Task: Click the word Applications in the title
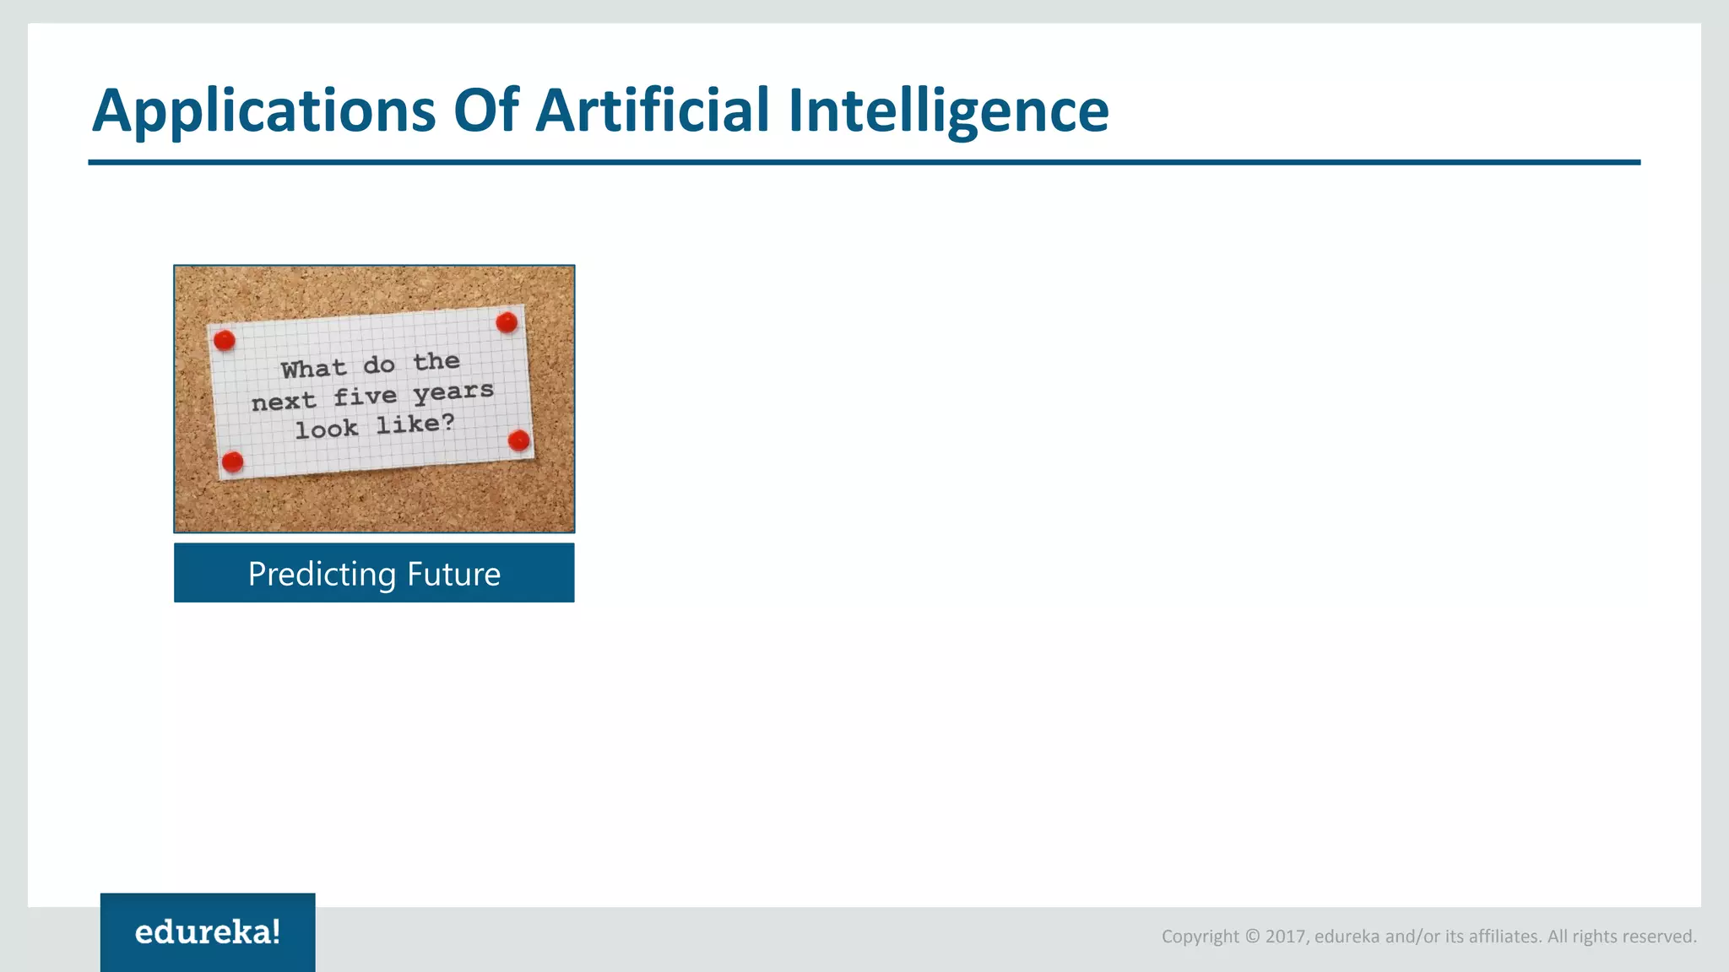[264, 111]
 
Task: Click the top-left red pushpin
[225, 340]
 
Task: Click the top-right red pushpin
[507, 321]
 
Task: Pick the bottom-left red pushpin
[232, 462]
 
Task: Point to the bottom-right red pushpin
[519, 440]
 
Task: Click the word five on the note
[365, 396]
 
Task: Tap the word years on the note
[453, 391]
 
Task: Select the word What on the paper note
[313, 369]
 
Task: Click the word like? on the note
[415, 424]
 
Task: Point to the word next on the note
[284, 401]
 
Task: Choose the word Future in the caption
[453, 574]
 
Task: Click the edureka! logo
[208, 932]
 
